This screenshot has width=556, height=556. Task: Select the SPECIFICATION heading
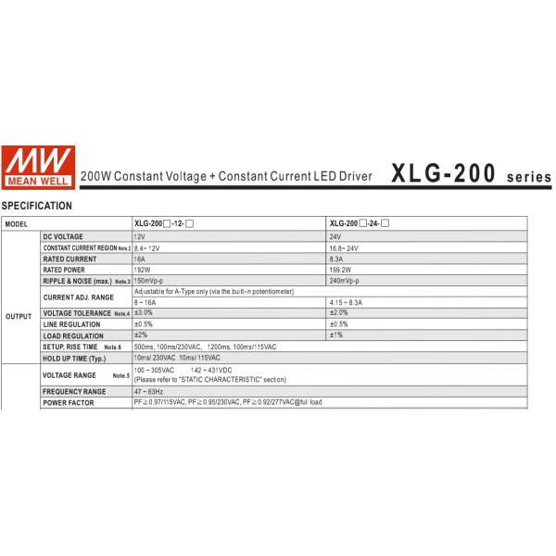pos(37,206)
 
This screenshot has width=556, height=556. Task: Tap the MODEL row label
pos(17,225)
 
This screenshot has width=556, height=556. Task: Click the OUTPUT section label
pos(19,316)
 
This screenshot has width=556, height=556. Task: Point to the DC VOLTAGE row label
pos(63,237)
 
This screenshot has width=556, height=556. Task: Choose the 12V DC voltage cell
pos(139,237)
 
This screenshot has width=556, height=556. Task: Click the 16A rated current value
pos(141,259)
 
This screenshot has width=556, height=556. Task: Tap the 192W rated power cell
pos(143,270)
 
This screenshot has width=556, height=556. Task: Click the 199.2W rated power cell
pos(340,270)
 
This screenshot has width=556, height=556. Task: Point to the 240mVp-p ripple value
pos(344,280)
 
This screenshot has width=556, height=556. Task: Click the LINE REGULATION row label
pos(71,324)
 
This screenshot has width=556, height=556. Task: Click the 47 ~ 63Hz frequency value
pos(148,392)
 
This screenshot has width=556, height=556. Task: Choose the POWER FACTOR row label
pos(67,403)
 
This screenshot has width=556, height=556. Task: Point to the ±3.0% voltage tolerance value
pos(144,313)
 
